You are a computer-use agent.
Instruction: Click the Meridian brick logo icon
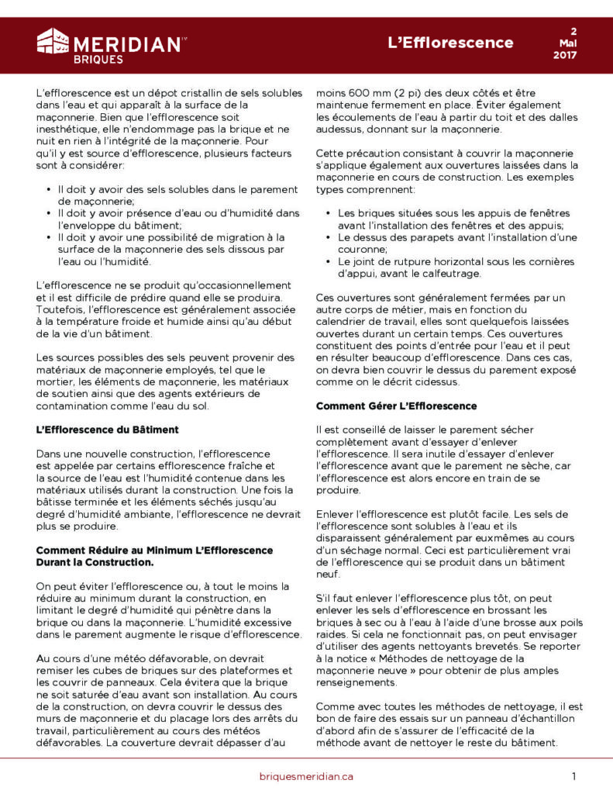click(x=53, y=41)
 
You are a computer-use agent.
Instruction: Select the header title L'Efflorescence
click(x=450, y=42)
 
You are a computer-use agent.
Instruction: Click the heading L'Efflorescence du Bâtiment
click(x=108, y=430)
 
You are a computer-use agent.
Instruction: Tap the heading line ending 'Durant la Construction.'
click(x=95, y=561)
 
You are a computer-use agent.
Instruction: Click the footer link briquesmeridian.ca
click(x=306, y=776)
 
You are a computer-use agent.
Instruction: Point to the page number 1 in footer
click(x=574, y=776)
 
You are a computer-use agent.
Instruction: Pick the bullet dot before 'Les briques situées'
click(x=329, y=213)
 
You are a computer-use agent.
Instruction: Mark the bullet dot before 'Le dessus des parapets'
click(x=329, y=237)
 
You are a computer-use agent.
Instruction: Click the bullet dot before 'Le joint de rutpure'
click(x=329, y=262)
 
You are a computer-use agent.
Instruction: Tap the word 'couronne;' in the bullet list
click(x=362, y=250)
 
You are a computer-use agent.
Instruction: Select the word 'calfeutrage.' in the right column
click(x=450, y=274)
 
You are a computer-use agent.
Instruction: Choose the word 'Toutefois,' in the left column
click(x=61, y=310)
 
